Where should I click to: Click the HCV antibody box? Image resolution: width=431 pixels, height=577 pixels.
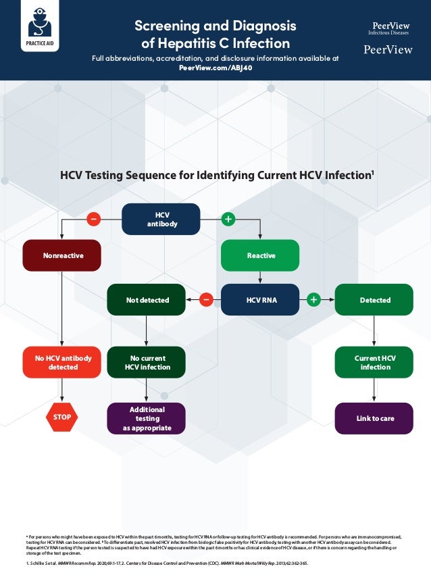point(161,219)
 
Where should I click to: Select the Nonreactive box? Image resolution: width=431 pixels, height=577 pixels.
point(62,256)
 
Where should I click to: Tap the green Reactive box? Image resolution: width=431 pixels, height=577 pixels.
point(261,255)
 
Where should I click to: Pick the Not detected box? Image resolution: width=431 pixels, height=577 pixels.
point(147,299)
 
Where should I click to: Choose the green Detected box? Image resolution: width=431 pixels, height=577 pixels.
point(374,299)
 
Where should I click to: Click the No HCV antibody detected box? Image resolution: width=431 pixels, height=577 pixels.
point(62,362)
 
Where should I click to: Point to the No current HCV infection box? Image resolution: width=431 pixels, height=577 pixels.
point(147,362)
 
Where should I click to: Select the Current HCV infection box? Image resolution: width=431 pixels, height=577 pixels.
point(374,362)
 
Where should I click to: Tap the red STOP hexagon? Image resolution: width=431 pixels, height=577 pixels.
point(62,417)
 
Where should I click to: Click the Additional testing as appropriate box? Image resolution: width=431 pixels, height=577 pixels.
point(147,418)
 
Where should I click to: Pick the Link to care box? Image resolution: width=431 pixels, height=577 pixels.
point(374,418)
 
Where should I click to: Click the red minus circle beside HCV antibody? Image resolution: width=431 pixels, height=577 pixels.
point(93,219)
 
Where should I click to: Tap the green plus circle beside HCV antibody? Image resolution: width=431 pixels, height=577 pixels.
point(228,219)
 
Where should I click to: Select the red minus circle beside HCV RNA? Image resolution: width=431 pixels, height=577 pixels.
point(207,299)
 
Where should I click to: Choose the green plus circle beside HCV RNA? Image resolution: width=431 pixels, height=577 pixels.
point(313,299)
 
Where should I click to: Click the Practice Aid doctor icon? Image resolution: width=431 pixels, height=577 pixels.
point(39,25)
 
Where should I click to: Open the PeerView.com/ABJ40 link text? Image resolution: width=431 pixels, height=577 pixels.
point(215,68)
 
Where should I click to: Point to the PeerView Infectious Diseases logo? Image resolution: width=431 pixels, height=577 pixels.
point(388,28)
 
